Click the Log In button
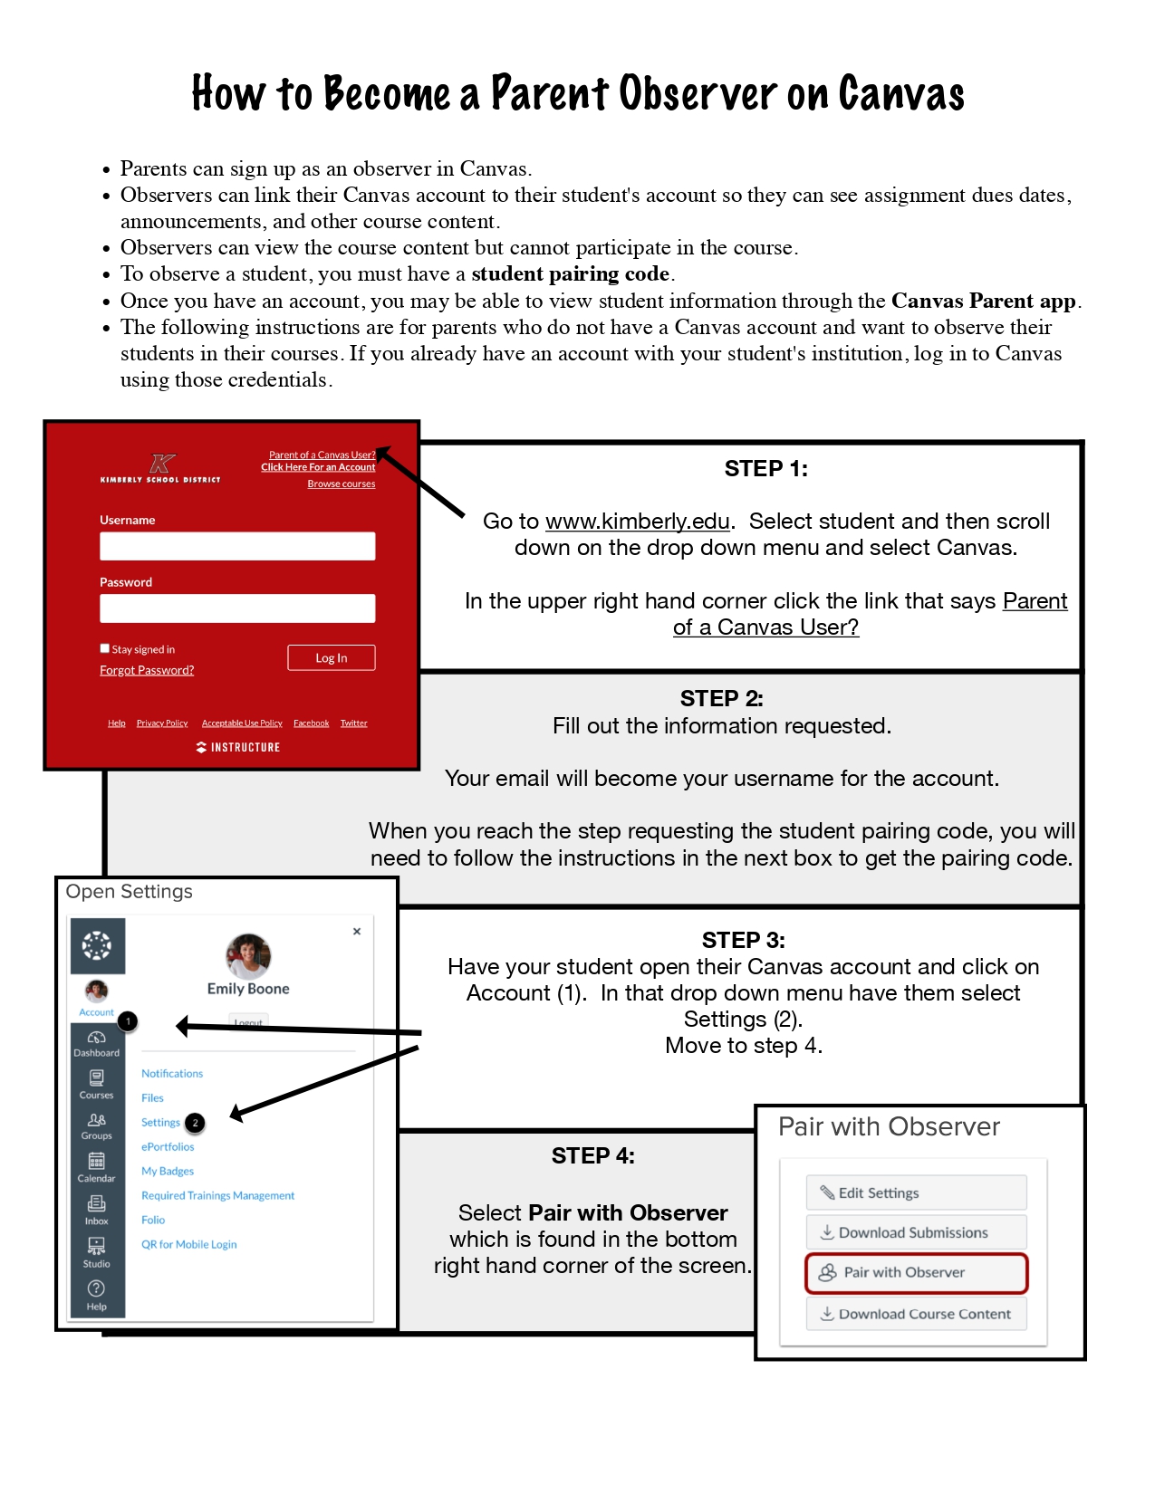pyautogui.click(x=331, y=658)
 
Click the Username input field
pyautogui.click(x=237, y=546)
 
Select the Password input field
pyautogui.click(x=237, y=608)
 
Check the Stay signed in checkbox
pyautogui.click(x=105, y=648)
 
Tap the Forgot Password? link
pyautogui.click(x=147, y=670)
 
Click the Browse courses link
pyautogui.click(x=341, y=484)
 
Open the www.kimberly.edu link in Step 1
pyautogui.click(x=637, y=522)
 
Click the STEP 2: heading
pyautogui.click(x=721, y=698)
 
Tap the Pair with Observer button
pyautogui.click(x=916, y=1273)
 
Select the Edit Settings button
pyautogui.click(x=916, y=1192)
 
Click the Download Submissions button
pyautogui.click(x=916, y=1232)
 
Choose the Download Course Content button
pyautogui.click(x=916, y=1314)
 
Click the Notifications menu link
pyautogui.click(x=172, y=1074)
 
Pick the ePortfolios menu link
pyautogui.click(x=168, y=1147)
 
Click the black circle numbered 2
pyautogui.click(x=195, y=1123)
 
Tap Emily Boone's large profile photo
pyautogui.click(x=248, y=955)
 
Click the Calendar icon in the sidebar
pyautogui.click(x=96, y=1161)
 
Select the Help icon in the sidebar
pyautogui.click(x=96, y=1288)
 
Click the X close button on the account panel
pyautogui.click(x=357, y=931)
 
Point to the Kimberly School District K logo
pyautogui.click(x=162, y=464)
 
